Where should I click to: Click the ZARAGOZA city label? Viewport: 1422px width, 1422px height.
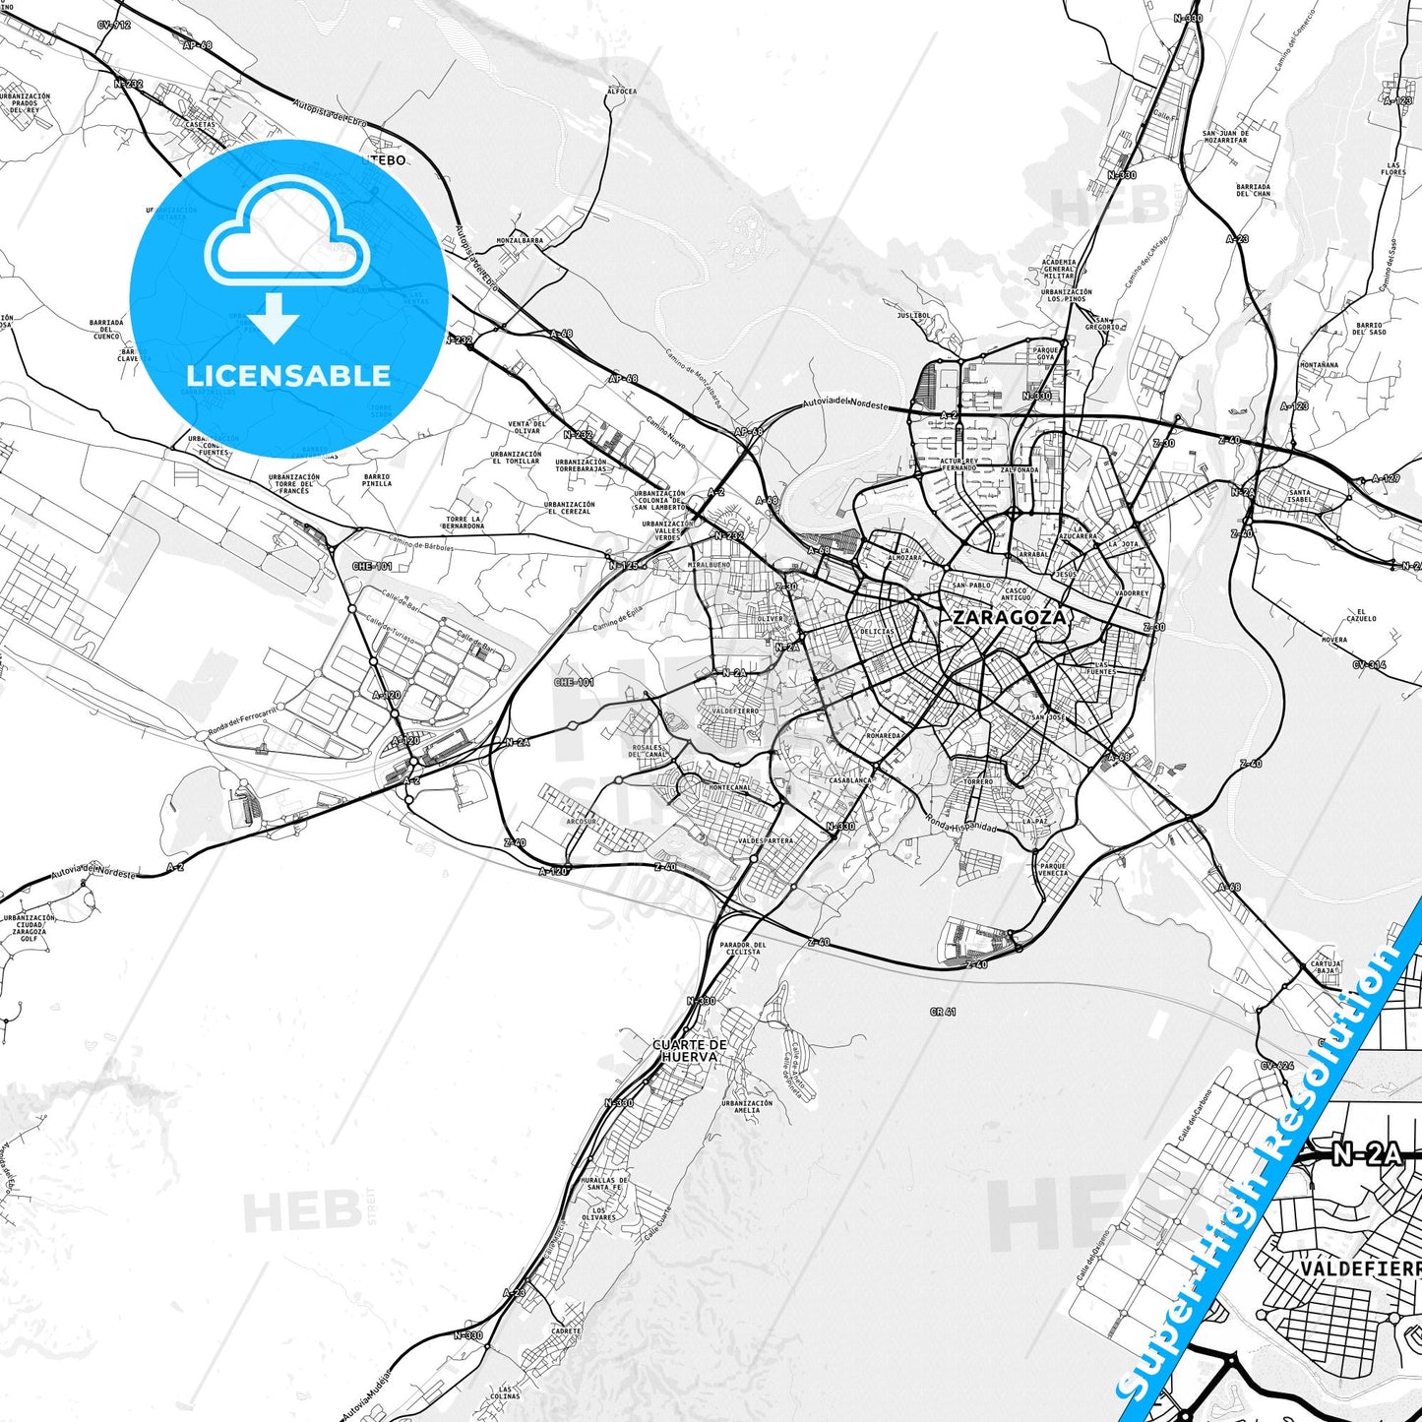click(x=1009, y=618)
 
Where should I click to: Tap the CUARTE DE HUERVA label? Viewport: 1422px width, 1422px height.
click(x=690, y=1050)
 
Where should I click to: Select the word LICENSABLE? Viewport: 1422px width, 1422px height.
click(x=288, y=375)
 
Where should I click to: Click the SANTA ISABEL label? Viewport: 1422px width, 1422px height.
click(x=1299, y=496)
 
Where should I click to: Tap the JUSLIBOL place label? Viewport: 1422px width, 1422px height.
click(x=913, y=316)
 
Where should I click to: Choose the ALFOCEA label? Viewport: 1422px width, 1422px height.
click(x=622, y=92)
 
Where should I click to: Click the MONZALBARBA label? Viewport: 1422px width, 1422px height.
click(x=520, y=240)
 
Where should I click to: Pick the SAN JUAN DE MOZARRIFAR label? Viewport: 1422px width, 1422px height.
click(x=1225, y=137)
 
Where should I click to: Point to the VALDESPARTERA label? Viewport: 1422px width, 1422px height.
click(x=765, y=841)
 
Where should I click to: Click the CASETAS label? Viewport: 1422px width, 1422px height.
click(x=200, y=125)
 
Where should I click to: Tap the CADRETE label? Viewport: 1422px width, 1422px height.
click(x=566, y=1330)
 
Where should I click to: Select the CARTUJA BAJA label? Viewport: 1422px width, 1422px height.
click(x=1326, y=966)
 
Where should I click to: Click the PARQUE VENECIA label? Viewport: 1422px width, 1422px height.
click(x=1052, y=870)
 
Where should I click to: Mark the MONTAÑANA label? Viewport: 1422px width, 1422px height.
click(x=1319, y=364)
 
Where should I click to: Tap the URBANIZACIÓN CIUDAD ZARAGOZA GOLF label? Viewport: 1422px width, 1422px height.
click(x=29, y=928)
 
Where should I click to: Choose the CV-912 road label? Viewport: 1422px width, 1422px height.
click(x=114, y=25)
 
